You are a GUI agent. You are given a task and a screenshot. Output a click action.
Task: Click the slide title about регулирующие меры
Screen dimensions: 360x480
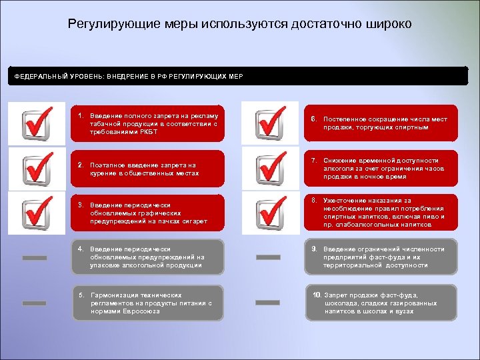(x=240, y=24)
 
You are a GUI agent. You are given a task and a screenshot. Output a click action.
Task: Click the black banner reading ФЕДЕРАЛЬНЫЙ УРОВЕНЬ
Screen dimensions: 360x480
(x=240, y=76)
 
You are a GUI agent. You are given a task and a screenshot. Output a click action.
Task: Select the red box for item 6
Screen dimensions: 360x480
(x=381, y=123)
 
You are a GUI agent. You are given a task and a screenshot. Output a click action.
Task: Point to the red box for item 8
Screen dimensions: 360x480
(x=381, y=213)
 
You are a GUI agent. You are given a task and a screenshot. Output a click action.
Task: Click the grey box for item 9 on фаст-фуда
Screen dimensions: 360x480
(x=381, y=257)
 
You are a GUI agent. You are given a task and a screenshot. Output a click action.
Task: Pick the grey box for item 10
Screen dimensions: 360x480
(x=381, y=303)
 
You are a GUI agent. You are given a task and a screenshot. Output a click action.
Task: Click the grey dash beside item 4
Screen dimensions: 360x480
(x=35, y=258)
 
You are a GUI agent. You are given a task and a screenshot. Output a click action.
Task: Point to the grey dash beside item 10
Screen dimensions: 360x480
(x=268, y=303)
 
